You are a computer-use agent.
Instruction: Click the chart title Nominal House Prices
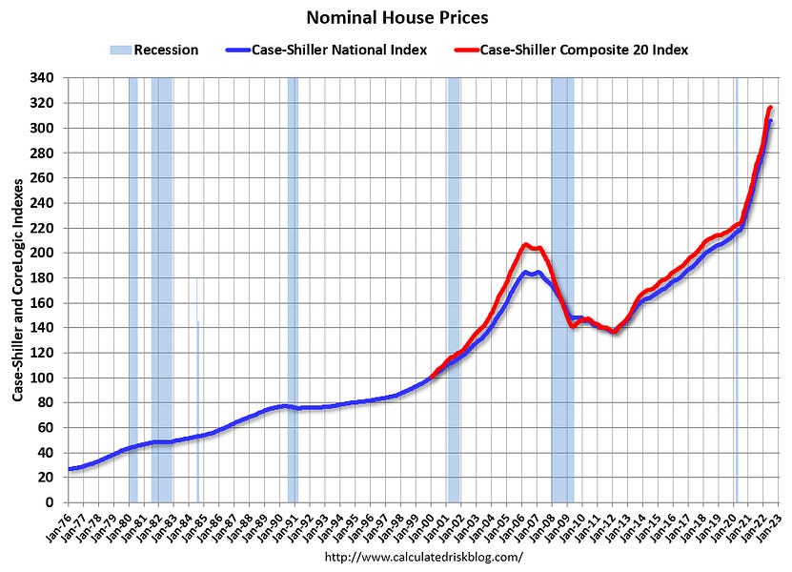point(396,17)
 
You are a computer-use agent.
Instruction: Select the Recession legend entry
point(157,50)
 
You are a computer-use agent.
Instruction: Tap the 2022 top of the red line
point(770,107)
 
